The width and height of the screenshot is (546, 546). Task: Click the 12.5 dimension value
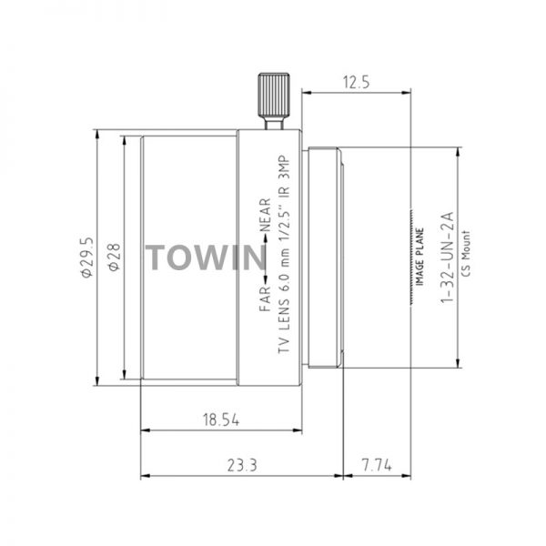[x=356, y=83]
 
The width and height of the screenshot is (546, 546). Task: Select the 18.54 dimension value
[x=221, y=420]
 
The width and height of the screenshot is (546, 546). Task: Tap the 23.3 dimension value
[x=242, y=465]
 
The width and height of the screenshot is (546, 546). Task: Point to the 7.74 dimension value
[x=377, y=465]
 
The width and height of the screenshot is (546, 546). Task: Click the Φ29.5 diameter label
[x=87, y=257]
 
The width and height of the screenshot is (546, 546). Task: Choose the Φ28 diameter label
[x=115, y=257]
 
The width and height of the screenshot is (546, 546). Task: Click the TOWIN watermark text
[x=206, y=258]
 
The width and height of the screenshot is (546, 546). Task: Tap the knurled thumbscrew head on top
[x=274, y=95]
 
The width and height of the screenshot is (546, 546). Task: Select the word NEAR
[x=265, y=215]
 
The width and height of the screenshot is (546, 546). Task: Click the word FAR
[x=265, y=298]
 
